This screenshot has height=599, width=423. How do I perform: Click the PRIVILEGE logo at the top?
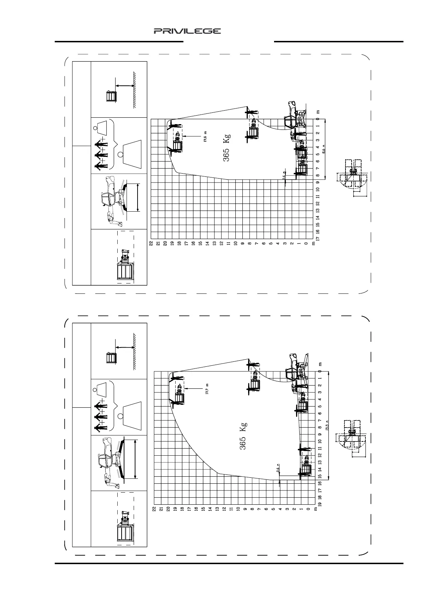coord(187,31)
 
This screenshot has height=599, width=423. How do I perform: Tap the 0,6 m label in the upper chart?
coord(284,176)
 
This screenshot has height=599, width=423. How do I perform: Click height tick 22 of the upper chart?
coord(151,243)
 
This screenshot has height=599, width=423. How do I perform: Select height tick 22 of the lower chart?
coord(154,509)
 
